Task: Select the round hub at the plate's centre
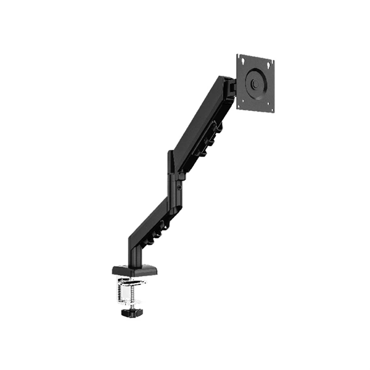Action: click(255, 83)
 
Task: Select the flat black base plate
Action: click(134, 269)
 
